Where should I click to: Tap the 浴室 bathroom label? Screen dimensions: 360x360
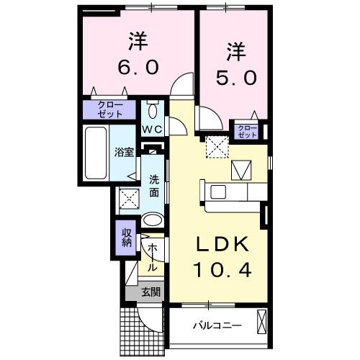124,152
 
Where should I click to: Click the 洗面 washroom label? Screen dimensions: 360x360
155,186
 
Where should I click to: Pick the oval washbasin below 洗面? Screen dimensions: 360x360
153,220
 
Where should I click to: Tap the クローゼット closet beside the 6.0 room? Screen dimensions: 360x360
110,109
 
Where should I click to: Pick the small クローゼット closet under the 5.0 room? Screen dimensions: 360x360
247,131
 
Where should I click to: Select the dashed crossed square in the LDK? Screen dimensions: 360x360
215,147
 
